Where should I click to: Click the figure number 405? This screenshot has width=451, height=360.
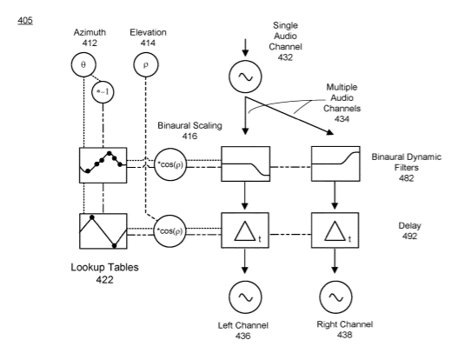coord(25,21)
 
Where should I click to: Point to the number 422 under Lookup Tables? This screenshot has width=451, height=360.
coord(104,280)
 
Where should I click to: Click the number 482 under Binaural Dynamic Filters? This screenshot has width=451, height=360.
coord(407,178)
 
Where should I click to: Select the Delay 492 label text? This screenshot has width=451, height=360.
coord(409,230)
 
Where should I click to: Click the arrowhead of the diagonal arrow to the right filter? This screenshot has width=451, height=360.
coord(330,132)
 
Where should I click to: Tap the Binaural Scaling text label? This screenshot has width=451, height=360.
coord(189,125)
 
